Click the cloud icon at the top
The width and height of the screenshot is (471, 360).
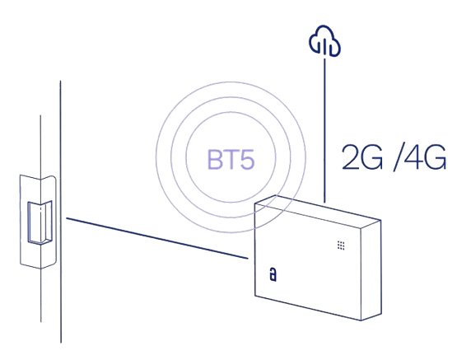point(324,40)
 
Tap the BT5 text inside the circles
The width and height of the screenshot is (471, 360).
point(231,160)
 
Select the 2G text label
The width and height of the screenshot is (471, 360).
point(362,157)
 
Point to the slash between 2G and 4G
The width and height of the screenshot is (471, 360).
point(398,158)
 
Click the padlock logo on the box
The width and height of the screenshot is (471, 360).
point(273,274)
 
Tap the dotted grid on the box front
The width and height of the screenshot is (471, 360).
point(341,245)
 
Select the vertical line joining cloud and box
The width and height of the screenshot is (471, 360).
point(324,130)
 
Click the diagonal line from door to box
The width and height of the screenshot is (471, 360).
point(157,238)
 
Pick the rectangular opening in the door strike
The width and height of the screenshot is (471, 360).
point(40,222)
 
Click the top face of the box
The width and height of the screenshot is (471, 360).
point(318,212)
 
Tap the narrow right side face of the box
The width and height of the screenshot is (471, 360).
point(371,270)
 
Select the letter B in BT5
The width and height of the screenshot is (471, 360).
point(214,160)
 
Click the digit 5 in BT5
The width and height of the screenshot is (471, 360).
point(247,160)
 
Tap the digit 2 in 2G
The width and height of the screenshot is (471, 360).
point(351,157)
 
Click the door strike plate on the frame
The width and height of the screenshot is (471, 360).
point(38,222)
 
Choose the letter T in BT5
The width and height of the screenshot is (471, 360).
point(230,160)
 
